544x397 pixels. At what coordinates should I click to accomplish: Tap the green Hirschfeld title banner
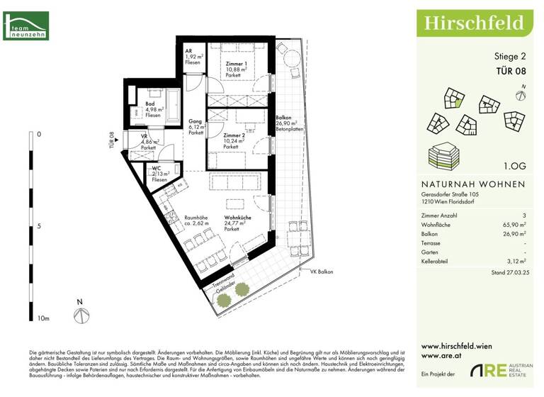[474, 23]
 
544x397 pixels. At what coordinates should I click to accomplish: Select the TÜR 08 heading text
[510, 70]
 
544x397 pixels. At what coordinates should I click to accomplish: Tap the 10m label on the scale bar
[43, 319]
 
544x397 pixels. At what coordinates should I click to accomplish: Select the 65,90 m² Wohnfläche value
[514, 224]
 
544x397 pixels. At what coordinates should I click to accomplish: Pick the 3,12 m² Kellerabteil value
[514, 261]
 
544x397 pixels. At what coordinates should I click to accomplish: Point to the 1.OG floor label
[514, 166]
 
